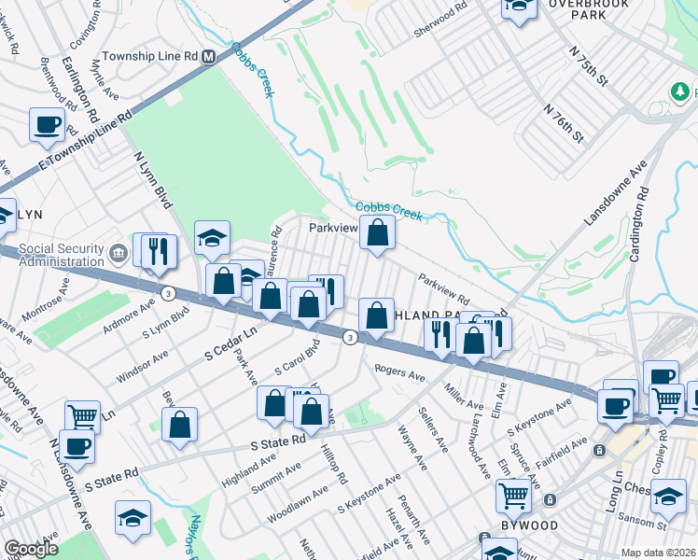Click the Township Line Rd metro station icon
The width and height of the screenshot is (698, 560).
pos(209,57)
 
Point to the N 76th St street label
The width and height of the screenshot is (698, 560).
pos(564,123)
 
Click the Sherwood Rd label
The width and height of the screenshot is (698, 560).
pos(440,23)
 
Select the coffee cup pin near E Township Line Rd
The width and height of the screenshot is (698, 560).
pos(47,124)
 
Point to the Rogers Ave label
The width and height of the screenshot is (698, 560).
pos(399,375)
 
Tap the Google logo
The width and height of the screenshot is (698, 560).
pos(31,549)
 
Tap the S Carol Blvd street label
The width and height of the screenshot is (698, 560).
pos(296,363)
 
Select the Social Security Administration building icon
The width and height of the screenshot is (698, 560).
pos(118,252)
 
